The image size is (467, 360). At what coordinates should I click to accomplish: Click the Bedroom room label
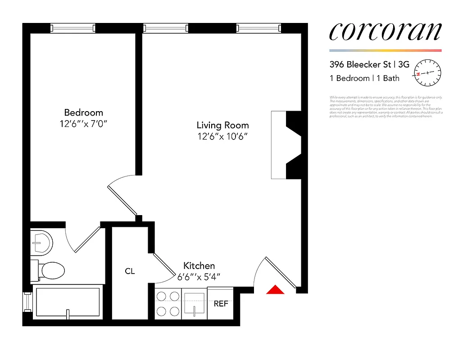(x=83, y=112)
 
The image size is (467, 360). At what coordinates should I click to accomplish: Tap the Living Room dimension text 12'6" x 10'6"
(x=222, y=136)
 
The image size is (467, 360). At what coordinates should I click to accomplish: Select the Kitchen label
(x=199, y=266)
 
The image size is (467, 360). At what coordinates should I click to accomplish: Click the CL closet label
(x=130, y=271)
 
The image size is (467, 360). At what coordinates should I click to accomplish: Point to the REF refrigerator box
(x=221, y=303)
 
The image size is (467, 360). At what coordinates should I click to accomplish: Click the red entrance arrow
(x=275, y=290)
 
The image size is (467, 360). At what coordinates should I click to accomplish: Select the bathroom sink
(x=41, y=243)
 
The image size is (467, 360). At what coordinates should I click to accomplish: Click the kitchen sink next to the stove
(x=195, y=303)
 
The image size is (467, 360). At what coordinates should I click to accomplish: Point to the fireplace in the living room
(x=286, y=145)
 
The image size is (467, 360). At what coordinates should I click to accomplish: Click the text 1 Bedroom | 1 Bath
(x=364, y=78)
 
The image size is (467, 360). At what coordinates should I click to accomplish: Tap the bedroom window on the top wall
(x=73, y=28)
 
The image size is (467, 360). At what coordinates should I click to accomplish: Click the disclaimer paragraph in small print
(x=386, y=107)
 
